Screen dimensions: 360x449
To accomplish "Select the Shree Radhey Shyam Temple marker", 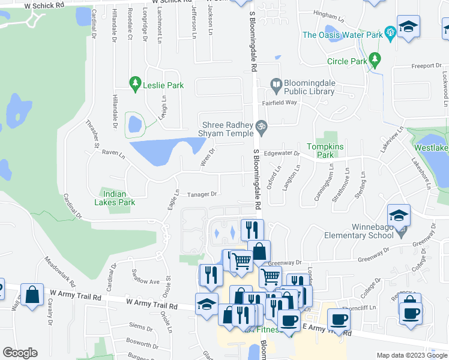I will click(x=261, y=127).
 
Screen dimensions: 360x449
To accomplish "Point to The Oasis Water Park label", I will click(x=342, y=35).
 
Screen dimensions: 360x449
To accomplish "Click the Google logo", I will click(x=20, y=352).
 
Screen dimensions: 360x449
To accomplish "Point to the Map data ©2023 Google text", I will click(x=411, y=355).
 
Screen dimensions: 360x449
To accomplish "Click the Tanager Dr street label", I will click(x=201, y=194).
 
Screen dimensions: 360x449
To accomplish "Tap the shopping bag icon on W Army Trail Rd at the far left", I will click(x=32, y=295).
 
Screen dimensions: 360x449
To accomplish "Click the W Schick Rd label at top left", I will click(x=45, y=5).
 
